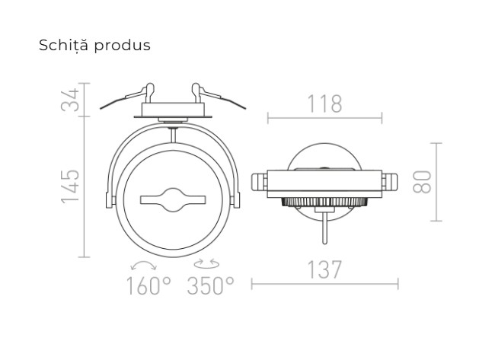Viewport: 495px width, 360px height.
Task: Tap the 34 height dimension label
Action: [x=70, y=100]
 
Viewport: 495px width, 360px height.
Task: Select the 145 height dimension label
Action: [x=70, y=186]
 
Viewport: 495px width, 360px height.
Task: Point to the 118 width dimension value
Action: [x=325, y=104]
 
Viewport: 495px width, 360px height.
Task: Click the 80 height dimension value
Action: [x=424, y=181]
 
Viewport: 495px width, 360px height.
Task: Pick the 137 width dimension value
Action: [x=324, y=270]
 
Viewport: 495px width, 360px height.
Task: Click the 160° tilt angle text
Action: [x=149, y=286]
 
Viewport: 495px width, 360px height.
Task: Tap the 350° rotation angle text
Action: [x=210, y=286]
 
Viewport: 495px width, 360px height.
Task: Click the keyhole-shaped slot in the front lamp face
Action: [x=173, y=200]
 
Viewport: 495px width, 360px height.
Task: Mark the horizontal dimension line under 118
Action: [x=325, y=119]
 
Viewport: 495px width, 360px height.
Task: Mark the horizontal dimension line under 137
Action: [x=324, y=285]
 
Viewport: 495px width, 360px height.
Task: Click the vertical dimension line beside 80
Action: [x=436, y=181]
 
